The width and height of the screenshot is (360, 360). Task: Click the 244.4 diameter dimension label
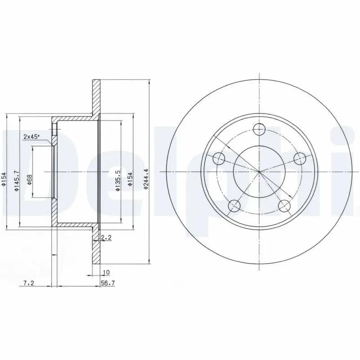pyautogui.click(x=145, y=179)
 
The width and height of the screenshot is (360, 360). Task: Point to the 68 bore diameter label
pyautogui.click(x=29, y=180)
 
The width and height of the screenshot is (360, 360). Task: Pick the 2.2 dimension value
pyautogui.click(x=106, y=237)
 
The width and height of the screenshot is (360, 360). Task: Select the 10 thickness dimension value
pyautogui.click(x=106, y=272)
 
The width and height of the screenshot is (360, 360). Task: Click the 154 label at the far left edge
pyautogui.click(x=4, y=180)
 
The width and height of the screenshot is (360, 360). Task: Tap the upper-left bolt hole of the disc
pyautogui.click(x=219, y=158)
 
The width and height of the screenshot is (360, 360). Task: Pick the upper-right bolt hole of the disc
pyautogui.click(x=300, y=158)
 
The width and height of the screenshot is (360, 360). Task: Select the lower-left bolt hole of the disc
pyautogui.click(x=234, y=206)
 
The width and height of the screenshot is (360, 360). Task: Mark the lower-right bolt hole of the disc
pyautogui.click(x=284, y=206)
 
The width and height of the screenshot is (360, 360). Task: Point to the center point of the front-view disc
pyautogui.click(x=259, y=171)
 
